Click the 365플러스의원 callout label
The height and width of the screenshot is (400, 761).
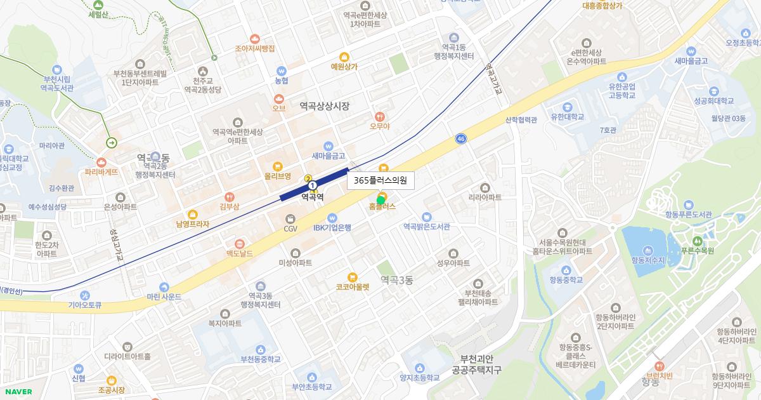pos(380,181)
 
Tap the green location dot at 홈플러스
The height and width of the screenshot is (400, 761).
pos(380,200)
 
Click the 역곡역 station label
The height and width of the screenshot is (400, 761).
pos(312,197)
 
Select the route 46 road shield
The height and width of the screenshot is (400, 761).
pos(460,138)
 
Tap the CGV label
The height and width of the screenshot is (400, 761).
pos(290,229)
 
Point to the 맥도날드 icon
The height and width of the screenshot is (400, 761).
pos(240,244)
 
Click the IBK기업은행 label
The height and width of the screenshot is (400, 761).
pos(332,228)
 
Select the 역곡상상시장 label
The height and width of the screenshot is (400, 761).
pos(325,107)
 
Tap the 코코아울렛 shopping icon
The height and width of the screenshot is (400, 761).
pos(353,277)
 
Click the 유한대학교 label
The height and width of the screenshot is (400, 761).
pos(567,117)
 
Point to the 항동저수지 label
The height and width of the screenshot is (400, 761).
pos(648,260)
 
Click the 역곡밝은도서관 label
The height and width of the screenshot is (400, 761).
pos(426,227)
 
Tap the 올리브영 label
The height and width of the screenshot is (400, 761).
pos(278,176)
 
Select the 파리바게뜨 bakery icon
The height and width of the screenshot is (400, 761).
pos(101,163)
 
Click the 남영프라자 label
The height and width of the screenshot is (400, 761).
pos(193,224)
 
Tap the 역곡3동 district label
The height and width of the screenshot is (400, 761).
pos(397,280)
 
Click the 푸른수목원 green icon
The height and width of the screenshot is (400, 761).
pos(698,241)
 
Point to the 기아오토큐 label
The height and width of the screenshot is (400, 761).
pos(85,305)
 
